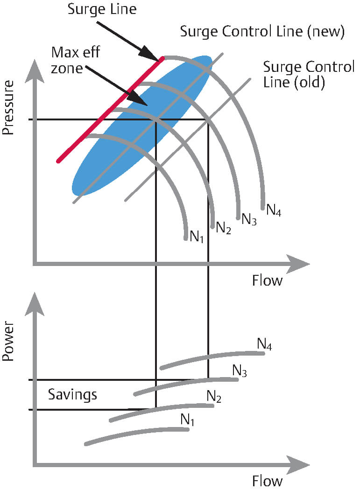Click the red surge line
(110, 110)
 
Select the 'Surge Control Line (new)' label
(262, 32)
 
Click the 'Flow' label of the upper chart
(267, 280)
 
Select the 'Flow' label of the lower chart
(267, 481)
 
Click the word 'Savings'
(73, 394)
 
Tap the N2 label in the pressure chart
(223, 229)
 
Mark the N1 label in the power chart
(187, 420)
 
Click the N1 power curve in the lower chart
(135, 435)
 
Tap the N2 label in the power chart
(214, 397)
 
